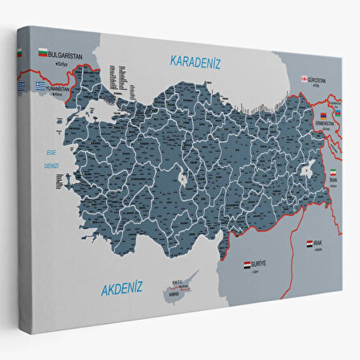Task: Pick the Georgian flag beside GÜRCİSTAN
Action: click(305, 79)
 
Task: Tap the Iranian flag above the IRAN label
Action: click(334, 173)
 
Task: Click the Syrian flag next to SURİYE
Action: click(247, 263)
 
